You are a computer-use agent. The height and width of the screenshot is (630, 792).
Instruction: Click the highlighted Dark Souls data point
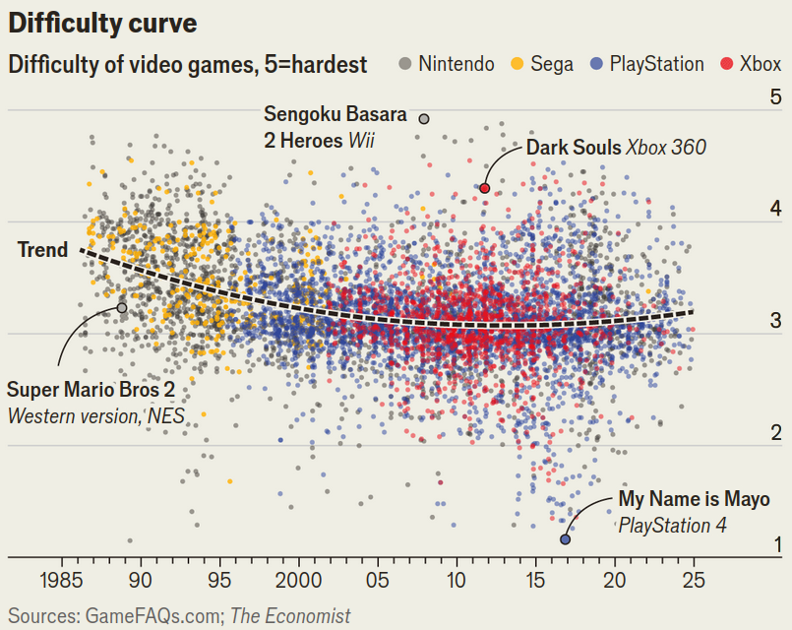pos(485,188)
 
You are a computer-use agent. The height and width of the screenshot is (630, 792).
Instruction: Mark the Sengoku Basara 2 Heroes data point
pos(424,119)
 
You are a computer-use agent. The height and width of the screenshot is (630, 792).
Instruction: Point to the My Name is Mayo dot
pos(565,538)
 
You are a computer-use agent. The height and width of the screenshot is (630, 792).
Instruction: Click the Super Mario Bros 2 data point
pos(122,308)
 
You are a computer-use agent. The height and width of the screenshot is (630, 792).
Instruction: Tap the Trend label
pos(43,250)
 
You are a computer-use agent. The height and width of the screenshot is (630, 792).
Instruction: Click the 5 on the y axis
pos(775,97)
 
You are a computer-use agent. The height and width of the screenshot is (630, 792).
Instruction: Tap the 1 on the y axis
pos(775,544)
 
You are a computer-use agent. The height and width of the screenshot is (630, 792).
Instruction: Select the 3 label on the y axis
pos(775,321)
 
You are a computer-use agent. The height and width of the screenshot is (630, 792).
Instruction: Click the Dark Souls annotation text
pos(616,148)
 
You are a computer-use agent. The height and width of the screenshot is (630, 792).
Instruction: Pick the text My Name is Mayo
pos(694,500)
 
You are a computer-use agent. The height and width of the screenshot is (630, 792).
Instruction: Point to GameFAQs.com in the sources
pos(152,616)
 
